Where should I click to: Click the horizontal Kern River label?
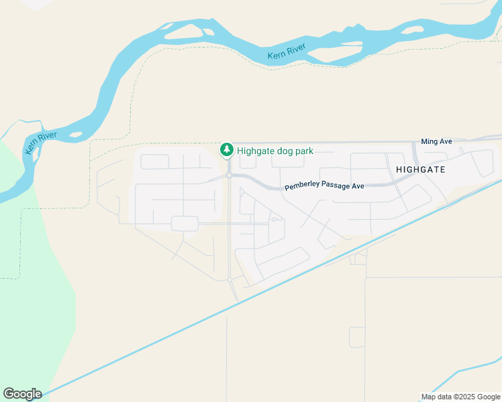[287, 51]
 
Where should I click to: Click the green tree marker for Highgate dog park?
[228, 149]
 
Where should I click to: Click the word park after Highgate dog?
[305, 151]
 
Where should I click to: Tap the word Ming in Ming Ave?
[430, 141]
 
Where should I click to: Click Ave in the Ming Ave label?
[446, 141]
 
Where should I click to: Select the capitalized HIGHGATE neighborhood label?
[421, 170]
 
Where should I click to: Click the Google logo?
[22, 394]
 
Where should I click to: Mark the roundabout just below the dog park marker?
[229, 176]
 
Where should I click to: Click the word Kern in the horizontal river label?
[277, 54]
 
